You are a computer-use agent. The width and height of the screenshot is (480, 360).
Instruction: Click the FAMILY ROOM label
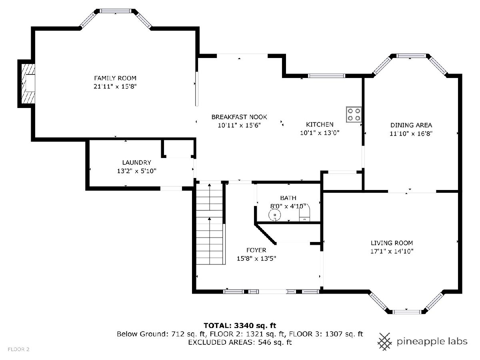click(115, 78)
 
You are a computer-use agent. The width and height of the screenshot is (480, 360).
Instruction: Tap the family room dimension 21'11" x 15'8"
click(115, 86)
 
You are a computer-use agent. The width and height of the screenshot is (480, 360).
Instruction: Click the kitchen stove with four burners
click(354, 114)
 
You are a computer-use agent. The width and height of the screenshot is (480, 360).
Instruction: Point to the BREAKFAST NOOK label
click(239, 117)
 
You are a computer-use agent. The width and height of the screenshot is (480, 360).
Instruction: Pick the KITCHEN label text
click(320, 124)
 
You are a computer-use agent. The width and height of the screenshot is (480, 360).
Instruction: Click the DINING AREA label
click(411, 125)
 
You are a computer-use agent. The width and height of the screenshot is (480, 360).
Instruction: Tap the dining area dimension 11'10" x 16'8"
click(411, 134)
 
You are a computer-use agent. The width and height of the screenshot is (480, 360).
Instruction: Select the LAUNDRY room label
click(137, 162)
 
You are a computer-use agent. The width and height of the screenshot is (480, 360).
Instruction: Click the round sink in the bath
click(275, 215)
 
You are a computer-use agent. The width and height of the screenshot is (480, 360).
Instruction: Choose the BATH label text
click(288, 198)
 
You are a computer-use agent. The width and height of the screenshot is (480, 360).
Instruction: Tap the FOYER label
click(256, 250)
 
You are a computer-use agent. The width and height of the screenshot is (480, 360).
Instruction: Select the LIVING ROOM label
click(392, 243)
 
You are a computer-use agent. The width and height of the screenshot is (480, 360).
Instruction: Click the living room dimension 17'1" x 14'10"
click(392, 251)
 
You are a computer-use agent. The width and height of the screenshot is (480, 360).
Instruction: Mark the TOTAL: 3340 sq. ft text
click(240, 326)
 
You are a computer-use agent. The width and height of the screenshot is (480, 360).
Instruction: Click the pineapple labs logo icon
click(385, 342)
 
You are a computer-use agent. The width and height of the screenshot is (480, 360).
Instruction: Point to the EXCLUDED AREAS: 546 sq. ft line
click(240, 342)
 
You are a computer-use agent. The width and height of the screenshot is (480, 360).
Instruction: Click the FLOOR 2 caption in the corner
click(18, 350)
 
